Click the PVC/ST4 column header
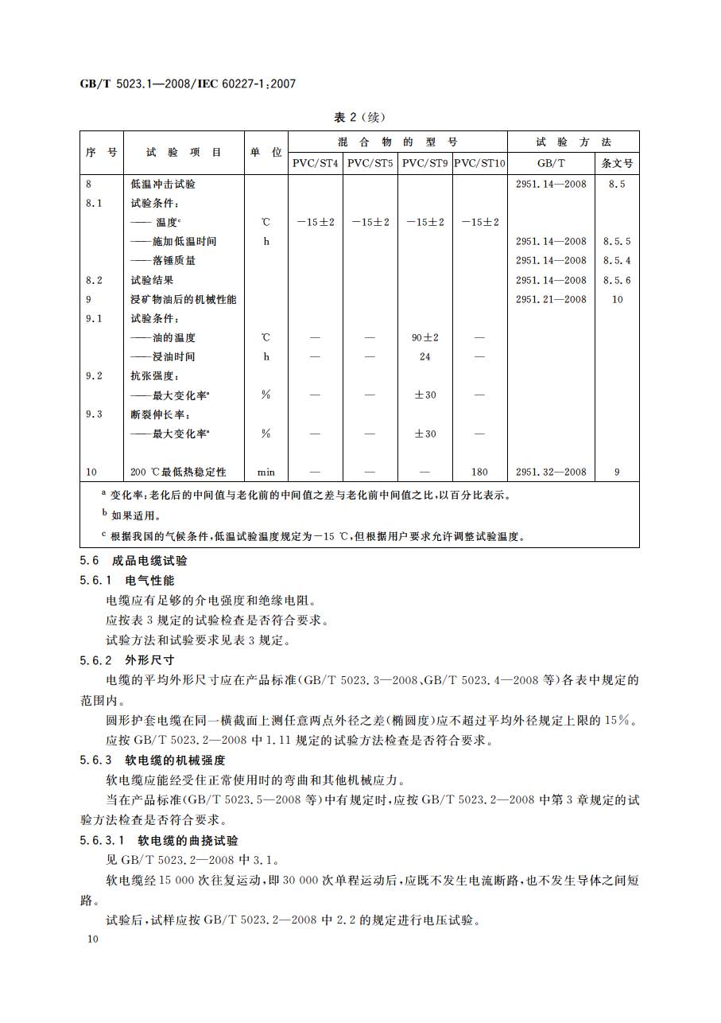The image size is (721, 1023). tap(315, 163)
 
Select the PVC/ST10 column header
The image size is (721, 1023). tap(479, 163)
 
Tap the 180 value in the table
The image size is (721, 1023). tap(479, 472)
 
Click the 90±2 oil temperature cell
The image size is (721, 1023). tap(425, 337)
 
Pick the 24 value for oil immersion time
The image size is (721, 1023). tap(425, 356)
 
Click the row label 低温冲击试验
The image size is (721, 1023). tap(163, 184)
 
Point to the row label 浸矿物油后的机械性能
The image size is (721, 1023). tap(184, 299)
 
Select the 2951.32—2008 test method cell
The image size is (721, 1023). tap(551, 472)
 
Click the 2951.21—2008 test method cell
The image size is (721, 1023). tap(551, 299)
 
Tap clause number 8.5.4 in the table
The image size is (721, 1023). tap(617, 260)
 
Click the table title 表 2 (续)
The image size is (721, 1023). tap(359, 117)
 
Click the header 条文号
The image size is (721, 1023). tap(617, 163)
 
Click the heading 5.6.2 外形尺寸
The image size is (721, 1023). tap(127, 660)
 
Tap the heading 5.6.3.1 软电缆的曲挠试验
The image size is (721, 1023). tap(159, 840)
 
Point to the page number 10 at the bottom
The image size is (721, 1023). tap(93, 939)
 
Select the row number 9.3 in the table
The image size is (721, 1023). tap(94, 414)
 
